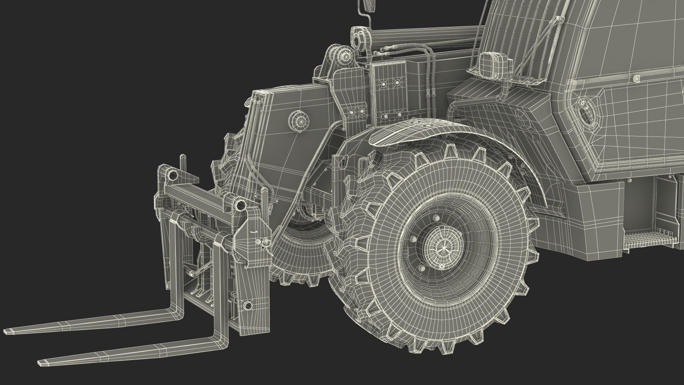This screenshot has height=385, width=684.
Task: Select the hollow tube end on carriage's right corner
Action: [x=241, y=205]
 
